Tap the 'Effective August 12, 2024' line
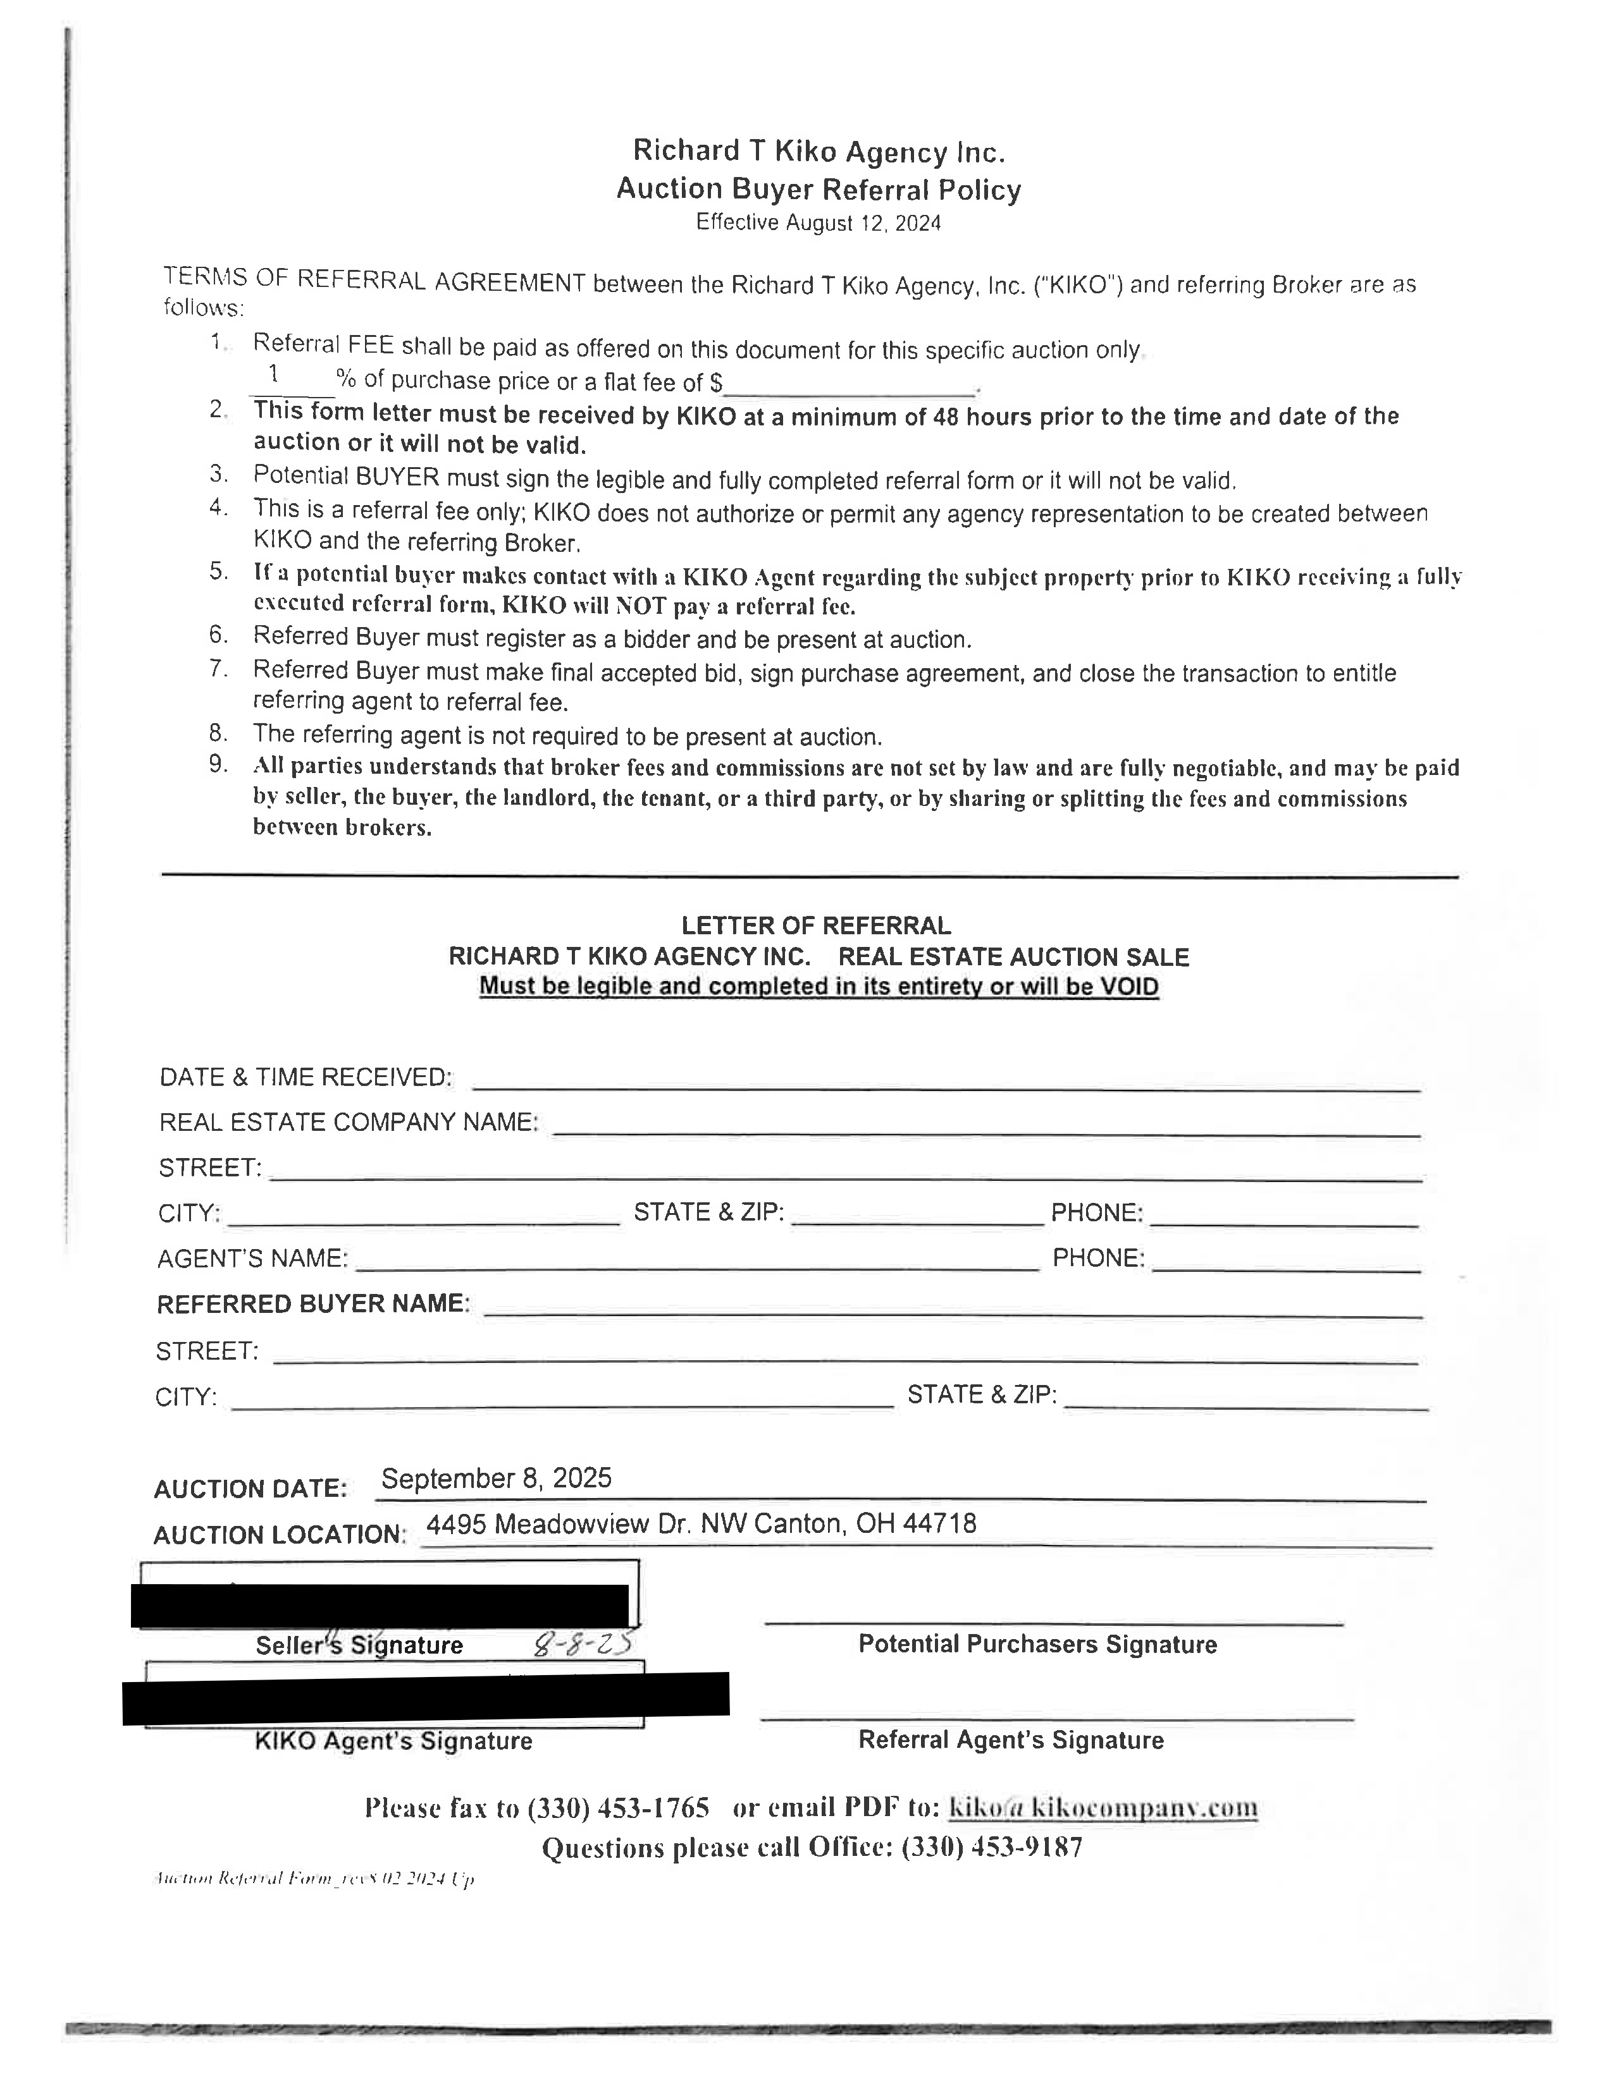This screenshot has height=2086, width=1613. (x=818, y=223)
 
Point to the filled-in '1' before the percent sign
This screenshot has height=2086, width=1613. (x=275, y=374)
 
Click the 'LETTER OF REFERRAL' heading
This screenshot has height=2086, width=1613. (x=816, y=925)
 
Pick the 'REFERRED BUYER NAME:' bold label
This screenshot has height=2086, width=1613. (x=313, y=1303)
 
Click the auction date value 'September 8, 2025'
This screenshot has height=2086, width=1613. (x=496, y=1478)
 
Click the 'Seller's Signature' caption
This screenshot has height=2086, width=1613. (x=359, y=1645)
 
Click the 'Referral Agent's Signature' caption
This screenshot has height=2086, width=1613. (x=1011, y=1740)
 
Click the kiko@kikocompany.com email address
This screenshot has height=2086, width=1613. (x=1102, y=1807)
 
